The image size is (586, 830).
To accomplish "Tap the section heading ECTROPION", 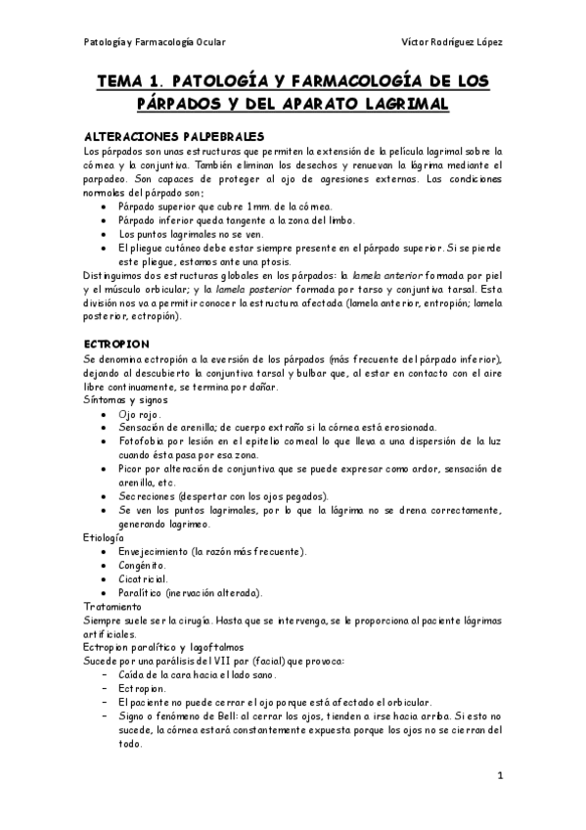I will point(117,345).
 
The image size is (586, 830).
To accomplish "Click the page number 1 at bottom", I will point(499,777).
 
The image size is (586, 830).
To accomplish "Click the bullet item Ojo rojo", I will point(141,414).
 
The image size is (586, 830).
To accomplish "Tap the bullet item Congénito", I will point(143,565).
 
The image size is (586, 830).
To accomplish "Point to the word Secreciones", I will point(148,496).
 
